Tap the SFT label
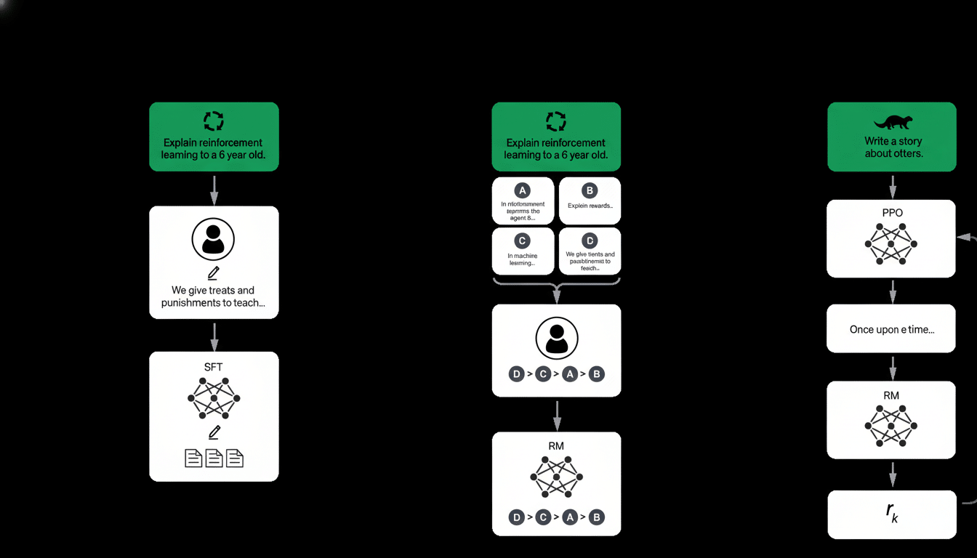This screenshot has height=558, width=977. [214, 367]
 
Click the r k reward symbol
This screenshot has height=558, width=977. [892, 513]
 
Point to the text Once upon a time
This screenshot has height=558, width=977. [892, 329]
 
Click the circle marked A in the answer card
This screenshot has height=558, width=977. [523, 190]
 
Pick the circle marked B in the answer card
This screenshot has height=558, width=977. [590, 190]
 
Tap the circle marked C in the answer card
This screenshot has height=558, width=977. [523, 240]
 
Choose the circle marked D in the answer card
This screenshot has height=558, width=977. [590, 240]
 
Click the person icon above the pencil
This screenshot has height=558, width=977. [214, 239]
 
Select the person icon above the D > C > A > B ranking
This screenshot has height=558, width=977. [556, 338]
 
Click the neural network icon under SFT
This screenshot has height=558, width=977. [214, 399]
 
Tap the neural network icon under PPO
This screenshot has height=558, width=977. [891, 245]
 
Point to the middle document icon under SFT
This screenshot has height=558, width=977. [214, 458]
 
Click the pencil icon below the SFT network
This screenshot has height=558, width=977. [214, 432]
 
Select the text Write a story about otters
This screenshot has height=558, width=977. [892, 147]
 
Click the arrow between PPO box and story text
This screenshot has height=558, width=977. [892, 292]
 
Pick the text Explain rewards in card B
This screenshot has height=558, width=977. [590, 205]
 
